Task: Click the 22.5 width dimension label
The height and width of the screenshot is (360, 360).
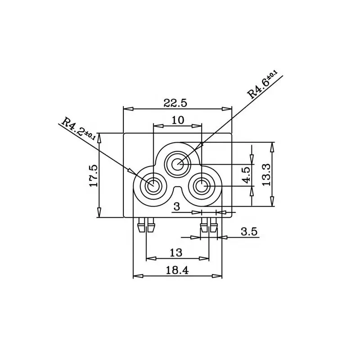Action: pos(175,103)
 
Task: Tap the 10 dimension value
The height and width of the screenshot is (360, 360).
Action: pos(178,120)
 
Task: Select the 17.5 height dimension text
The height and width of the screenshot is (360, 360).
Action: pos(94,175)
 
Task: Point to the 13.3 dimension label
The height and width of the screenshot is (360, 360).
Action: pos(266,175)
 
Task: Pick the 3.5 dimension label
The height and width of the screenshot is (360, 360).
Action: pos(249,231)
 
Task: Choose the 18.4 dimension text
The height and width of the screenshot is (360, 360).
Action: pos(177,270)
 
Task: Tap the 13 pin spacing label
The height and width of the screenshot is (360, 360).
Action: pos(176,253)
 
